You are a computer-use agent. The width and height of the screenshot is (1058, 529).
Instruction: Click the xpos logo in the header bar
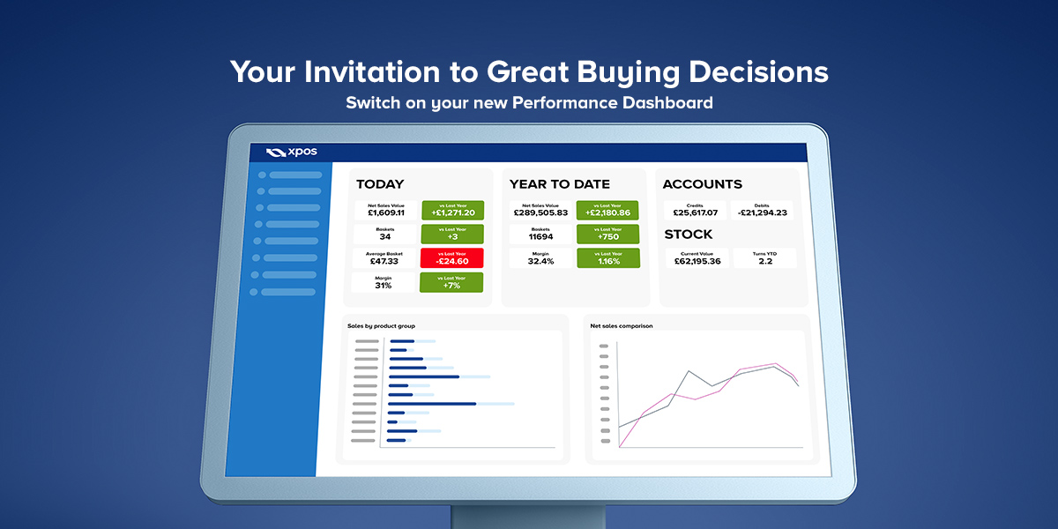292,152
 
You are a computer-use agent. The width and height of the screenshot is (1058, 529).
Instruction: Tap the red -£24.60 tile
452,257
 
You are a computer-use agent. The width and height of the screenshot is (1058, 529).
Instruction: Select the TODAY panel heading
380,184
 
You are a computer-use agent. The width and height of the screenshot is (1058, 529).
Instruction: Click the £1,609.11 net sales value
386,212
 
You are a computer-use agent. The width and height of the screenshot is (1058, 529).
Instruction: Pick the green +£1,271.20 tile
453,210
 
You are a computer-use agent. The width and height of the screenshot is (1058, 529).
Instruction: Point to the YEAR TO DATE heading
560,184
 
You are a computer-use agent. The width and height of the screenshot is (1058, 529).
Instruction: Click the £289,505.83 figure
540,212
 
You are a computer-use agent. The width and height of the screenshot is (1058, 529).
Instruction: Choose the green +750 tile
607,235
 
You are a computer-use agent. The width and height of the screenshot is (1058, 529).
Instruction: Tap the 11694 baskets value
540,236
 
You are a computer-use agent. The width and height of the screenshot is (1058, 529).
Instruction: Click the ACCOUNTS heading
703,184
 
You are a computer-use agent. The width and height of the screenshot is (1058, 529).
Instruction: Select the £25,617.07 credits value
696,212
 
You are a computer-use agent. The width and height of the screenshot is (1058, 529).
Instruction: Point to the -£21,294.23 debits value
763,212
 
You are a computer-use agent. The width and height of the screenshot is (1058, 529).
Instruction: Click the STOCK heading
689,235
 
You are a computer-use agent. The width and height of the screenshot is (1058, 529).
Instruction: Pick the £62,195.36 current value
697,261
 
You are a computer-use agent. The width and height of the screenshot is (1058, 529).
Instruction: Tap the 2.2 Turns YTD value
765,261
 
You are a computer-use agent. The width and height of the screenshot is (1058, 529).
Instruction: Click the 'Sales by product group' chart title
381,326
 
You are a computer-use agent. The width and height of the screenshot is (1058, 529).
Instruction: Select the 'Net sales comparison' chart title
621,326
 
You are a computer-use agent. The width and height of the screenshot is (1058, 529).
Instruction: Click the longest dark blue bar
432,404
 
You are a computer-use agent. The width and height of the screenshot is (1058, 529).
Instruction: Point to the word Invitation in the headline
372,71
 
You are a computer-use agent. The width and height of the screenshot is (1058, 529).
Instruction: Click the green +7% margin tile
451,282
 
